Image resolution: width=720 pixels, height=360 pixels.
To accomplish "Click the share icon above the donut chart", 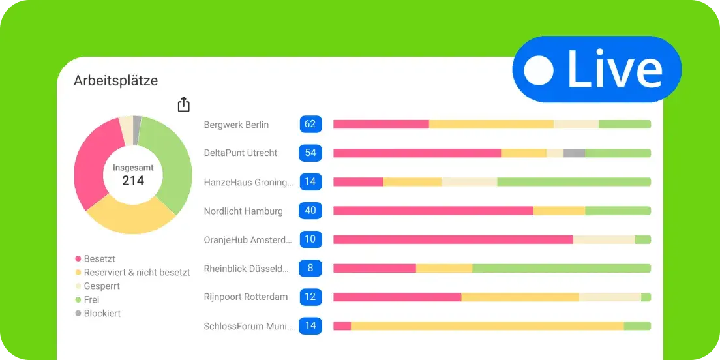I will click(184, 104).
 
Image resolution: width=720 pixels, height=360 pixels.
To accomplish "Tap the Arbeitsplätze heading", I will click(115, 80).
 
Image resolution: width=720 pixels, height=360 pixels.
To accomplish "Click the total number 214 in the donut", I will click(133, 181).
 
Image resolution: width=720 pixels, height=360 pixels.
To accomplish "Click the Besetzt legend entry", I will click(99, 259).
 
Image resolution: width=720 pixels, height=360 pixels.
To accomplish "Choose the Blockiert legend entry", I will click(102, 314).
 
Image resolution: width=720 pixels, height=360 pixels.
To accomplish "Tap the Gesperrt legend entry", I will click(102, 286).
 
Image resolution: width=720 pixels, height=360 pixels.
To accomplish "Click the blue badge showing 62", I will click(310, 125).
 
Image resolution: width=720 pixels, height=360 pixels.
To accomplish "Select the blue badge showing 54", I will click(310, 153).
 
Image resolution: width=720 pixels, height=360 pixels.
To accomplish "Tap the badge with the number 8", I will click(310, 268).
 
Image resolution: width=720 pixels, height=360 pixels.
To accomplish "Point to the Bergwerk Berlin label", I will click(236, 125).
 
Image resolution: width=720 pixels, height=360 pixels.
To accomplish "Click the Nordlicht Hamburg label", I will click(243, 211).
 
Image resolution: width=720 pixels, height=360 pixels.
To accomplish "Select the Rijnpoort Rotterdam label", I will click(245, 297).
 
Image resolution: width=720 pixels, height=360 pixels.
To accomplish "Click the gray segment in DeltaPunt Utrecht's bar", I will click(574, 153).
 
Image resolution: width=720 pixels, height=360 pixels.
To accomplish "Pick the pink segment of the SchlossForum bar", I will click(342, 325).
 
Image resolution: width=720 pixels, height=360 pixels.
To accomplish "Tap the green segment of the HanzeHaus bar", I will click(574, 182).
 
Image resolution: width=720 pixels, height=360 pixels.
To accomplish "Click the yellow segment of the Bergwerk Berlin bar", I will click(491, 125).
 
